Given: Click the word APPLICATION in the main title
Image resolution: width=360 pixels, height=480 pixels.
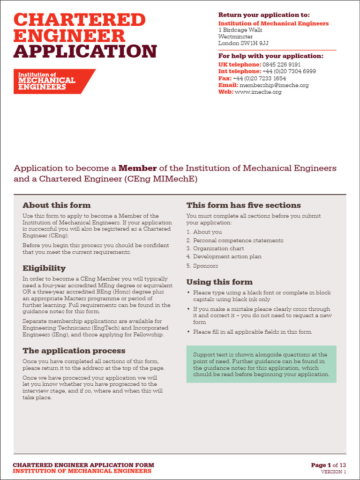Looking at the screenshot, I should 85,51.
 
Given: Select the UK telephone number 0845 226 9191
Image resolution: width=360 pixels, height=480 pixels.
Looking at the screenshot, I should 282,65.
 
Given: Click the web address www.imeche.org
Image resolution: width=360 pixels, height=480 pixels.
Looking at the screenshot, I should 258,92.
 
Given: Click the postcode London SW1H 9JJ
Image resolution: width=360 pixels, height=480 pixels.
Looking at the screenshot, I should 243,43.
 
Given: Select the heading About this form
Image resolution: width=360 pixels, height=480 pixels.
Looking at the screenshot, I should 57,205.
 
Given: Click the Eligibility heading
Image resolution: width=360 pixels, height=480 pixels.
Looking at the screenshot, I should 44,268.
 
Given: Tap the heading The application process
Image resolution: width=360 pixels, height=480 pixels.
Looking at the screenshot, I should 74,351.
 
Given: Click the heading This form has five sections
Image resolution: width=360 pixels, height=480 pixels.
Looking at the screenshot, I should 244,205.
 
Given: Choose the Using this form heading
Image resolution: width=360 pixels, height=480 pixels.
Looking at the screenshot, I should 219,282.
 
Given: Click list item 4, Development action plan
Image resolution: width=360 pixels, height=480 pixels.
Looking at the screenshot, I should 227,257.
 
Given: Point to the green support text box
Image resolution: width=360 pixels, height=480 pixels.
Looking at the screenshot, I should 261,364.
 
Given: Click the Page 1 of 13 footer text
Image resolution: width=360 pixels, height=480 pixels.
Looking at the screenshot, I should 328,465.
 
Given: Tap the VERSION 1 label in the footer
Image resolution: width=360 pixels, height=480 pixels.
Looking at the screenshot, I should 333,472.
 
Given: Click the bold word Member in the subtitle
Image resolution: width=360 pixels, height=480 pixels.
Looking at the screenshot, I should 137,168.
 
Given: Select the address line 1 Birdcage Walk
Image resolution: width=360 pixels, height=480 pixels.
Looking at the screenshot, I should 240,30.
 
